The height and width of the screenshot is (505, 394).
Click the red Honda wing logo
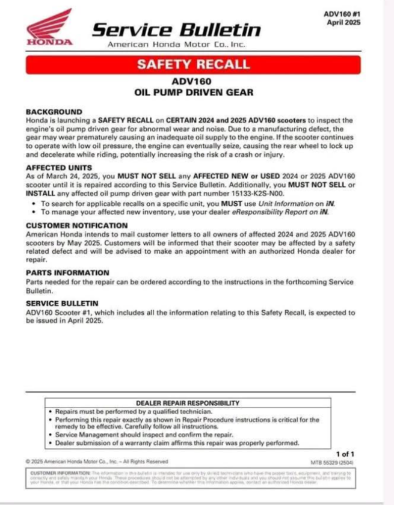pyautogui.click(x=49, y=26)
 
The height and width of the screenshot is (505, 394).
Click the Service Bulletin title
pyautogui.click(x=176, y=29)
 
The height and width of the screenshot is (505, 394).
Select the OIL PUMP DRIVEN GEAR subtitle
pyautogui.click(x=193, y=93)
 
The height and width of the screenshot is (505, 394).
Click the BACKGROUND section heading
pyautogui.click(x=54, y=112)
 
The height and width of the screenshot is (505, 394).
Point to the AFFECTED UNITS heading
pyautogui.click(x=59, y=167)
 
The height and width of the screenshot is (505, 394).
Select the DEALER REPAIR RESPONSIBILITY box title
pyautogui.click(x=188, y=403)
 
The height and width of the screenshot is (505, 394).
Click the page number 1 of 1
pyautogui.click(x=346, y=453)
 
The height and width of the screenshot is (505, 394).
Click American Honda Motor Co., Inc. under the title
pyautogui.click(x=176, y=45)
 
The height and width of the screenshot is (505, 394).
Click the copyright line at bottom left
pyautogui.click(x=97, y=462)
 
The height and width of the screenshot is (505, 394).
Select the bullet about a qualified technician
pyautogui.click(x=134, y=411)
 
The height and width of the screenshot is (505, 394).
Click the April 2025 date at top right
pyautogui.click(x=343, y=22)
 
